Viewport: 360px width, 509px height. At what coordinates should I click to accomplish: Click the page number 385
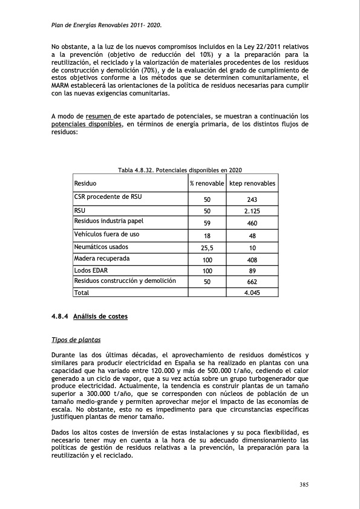pyautogui.click(x=306, y=484)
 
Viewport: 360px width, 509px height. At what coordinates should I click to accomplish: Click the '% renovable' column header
pyautogui.click(x=207, y=183)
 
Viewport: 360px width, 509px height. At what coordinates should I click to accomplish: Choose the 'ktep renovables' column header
pyautogui.click(x=252, y=183)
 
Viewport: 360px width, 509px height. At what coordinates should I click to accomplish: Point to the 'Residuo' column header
pyautogui.click(x=85, y=183)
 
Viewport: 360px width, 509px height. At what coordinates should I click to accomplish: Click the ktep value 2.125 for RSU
pyautogui.click(x=252, y=212)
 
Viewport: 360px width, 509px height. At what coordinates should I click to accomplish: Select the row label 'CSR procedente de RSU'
pyautogui.click(x=108, y=196)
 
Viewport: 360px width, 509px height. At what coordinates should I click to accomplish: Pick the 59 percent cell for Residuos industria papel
pyautogui.click(x=207, y=223)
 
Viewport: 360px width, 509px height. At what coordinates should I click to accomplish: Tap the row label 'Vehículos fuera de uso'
pyautogui.click(x=106, y=234)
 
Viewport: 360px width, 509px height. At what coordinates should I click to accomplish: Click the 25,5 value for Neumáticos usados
pyautogui.click(x=207, y=248)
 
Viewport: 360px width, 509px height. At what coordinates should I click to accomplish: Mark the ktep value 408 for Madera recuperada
pyautogui.click(x=252, y=260)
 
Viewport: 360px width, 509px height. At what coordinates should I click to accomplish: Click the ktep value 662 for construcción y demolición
pyautogui.click(x=252, y=282)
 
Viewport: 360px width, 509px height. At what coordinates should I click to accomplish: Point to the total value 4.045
pyautogui.click(x=252, y=293)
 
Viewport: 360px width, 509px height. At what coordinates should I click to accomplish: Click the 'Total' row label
pyautogui.click(x=82, y=293)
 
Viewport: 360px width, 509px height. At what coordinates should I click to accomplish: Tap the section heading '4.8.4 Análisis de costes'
pyautogui.click(x=90, y=316)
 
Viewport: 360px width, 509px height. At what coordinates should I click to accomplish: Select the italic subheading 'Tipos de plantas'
pyautogui.click(x=76, y=340)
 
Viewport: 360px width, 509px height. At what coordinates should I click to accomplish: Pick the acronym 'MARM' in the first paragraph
pyautogui.click(x=62, y=85)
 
